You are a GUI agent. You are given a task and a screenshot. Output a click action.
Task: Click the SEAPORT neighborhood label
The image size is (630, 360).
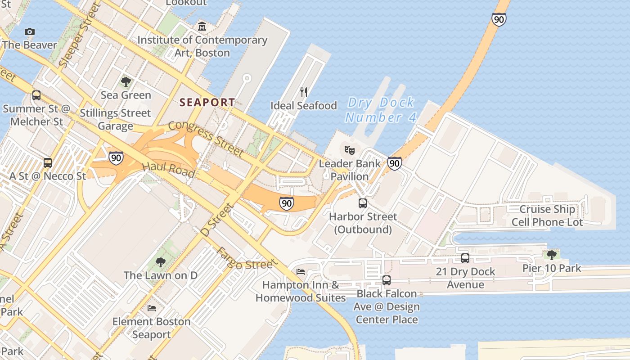pos(207,103)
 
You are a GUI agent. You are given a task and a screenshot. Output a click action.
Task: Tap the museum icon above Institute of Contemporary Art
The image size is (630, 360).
pos(202,26)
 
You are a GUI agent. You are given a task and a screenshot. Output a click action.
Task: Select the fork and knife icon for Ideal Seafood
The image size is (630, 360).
pos(304,92)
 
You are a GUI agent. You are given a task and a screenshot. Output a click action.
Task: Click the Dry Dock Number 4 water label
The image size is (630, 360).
pos(381,110)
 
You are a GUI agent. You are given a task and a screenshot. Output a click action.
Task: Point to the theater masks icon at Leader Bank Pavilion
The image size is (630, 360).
pos(350,150)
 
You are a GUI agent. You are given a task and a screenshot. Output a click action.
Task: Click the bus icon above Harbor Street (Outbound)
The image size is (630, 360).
pos(363,203)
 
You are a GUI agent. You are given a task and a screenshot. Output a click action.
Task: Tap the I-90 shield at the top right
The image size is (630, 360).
pos(499,19)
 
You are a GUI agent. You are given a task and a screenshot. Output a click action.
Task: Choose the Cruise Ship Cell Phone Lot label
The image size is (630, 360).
pos(547,216)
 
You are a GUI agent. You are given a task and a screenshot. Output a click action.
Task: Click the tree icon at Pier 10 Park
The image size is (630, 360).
pos(552,255)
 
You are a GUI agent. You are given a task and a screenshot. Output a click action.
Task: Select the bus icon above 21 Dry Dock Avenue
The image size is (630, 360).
pos(465,258)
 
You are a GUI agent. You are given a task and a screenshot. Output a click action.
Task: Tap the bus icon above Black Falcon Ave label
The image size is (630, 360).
pos(386,280)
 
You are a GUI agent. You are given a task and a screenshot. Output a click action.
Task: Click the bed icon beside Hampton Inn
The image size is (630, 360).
pos(301,271)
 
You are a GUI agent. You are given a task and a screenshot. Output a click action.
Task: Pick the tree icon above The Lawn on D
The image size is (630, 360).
pos(160,262)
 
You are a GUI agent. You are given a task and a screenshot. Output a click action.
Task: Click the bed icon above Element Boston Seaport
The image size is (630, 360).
pos(152,308)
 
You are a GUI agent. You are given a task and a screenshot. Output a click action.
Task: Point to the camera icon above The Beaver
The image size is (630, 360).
pos(30,31)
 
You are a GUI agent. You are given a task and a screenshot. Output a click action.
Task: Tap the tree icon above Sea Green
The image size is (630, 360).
pos(126,81)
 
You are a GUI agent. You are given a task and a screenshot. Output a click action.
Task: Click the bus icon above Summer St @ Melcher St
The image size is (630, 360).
pos(36,95)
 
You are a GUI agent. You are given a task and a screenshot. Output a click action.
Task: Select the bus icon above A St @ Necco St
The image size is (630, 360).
pos(48,163)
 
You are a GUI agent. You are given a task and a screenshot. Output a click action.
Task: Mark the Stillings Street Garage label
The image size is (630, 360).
pos(115,119)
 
